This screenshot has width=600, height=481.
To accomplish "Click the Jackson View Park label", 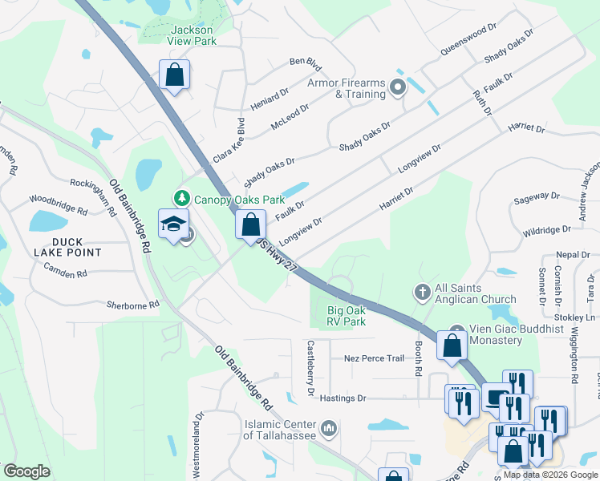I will (x=192, y=36).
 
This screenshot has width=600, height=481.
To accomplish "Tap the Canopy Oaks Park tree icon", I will (x=183, y=198).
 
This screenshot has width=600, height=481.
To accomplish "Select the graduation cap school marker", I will (x=172, y=225).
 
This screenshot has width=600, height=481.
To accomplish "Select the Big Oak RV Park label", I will (x=347, y=316).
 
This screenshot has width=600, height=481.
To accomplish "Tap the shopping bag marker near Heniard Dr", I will (x=174, y=75).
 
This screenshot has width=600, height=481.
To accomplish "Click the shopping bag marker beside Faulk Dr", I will (x=250, y=224).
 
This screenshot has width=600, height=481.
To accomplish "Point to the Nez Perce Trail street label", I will (x=373, y=358).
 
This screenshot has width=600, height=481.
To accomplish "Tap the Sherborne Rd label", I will (x=133, y=305).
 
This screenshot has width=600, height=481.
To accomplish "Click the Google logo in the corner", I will (x=27, y=471).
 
